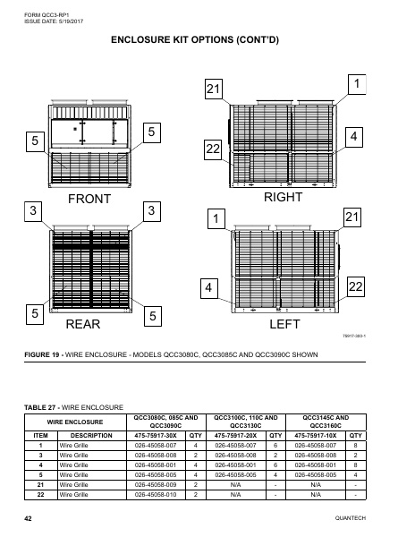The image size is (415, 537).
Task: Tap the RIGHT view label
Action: [x=284, y=196]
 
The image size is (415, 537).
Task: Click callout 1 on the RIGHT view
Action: [x=356, y=83]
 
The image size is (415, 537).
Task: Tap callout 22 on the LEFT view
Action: [x=356, y=286]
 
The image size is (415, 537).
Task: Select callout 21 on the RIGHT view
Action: [x=213, y=90]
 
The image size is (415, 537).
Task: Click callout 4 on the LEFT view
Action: [x=209, y=289]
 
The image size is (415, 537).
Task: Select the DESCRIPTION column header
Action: [x=91, y=438]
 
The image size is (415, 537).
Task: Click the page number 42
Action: [x=29, y=519]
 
